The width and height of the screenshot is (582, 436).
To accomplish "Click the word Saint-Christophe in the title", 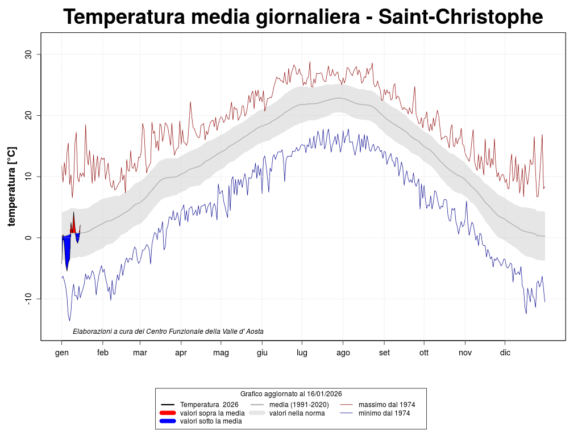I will [460, 17].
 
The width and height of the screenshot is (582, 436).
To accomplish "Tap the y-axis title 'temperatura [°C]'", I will [11, 186].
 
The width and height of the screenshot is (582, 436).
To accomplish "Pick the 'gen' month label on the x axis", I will [62, 353].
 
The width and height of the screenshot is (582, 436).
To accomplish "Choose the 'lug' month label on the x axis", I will [302, 353].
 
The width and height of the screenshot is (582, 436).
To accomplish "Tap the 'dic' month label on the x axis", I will [505, 353].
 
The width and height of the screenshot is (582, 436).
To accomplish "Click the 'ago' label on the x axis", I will [343, 353].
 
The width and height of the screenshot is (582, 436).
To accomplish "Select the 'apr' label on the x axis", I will [181, 353].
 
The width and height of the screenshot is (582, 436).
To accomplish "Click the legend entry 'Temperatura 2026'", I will [209, 404].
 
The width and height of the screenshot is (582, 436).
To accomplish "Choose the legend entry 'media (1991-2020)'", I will [299, 404].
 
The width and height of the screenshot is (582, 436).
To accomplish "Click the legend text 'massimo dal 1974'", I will [386, 404].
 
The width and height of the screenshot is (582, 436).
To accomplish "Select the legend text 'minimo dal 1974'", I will [384, 413].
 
